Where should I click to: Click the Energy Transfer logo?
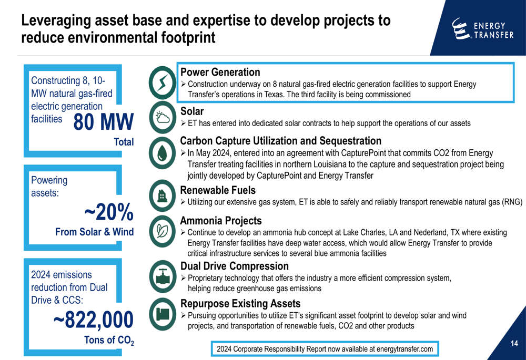tap(482, 29)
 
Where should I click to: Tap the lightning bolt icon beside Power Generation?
tap(163, 83)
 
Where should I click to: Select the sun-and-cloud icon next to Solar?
tap(163, 117)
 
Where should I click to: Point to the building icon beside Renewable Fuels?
tap(163, 196)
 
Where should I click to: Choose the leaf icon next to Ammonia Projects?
tap(163, 231)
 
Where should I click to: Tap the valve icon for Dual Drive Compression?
tap(163, 276)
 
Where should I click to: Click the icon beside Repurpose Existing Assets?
tap(163, 314)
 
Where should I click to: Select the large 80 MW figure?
tap(103, 122)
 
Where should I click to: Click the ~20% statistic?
tap(109, 212)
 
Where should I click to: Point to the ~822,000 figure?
tap(94, 320)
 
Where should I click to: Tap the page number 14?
tap(514, 343)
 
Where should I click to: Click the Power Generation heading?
tap(220, 72)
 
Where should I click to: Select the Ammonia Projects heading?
tap(221, 221)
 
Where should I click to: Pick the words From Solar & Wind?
tap(95, 232)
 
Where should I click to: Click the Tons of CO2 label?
tap(109, 340)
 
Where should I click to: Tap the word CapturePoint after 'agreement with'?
tap(363, 153)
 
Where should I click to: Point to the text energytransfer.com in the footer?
tap(404, 349)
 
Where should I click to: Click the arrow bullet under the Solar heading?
tap(183, 123)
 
